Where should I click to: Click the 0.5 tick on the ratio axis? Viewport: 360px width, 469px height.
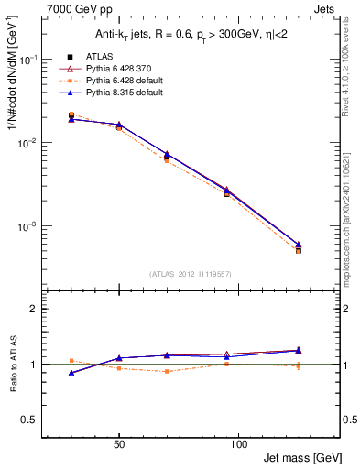(29, 420)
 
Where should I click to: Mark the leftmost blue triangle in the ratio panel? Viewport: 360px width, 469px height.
(71, 373)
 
